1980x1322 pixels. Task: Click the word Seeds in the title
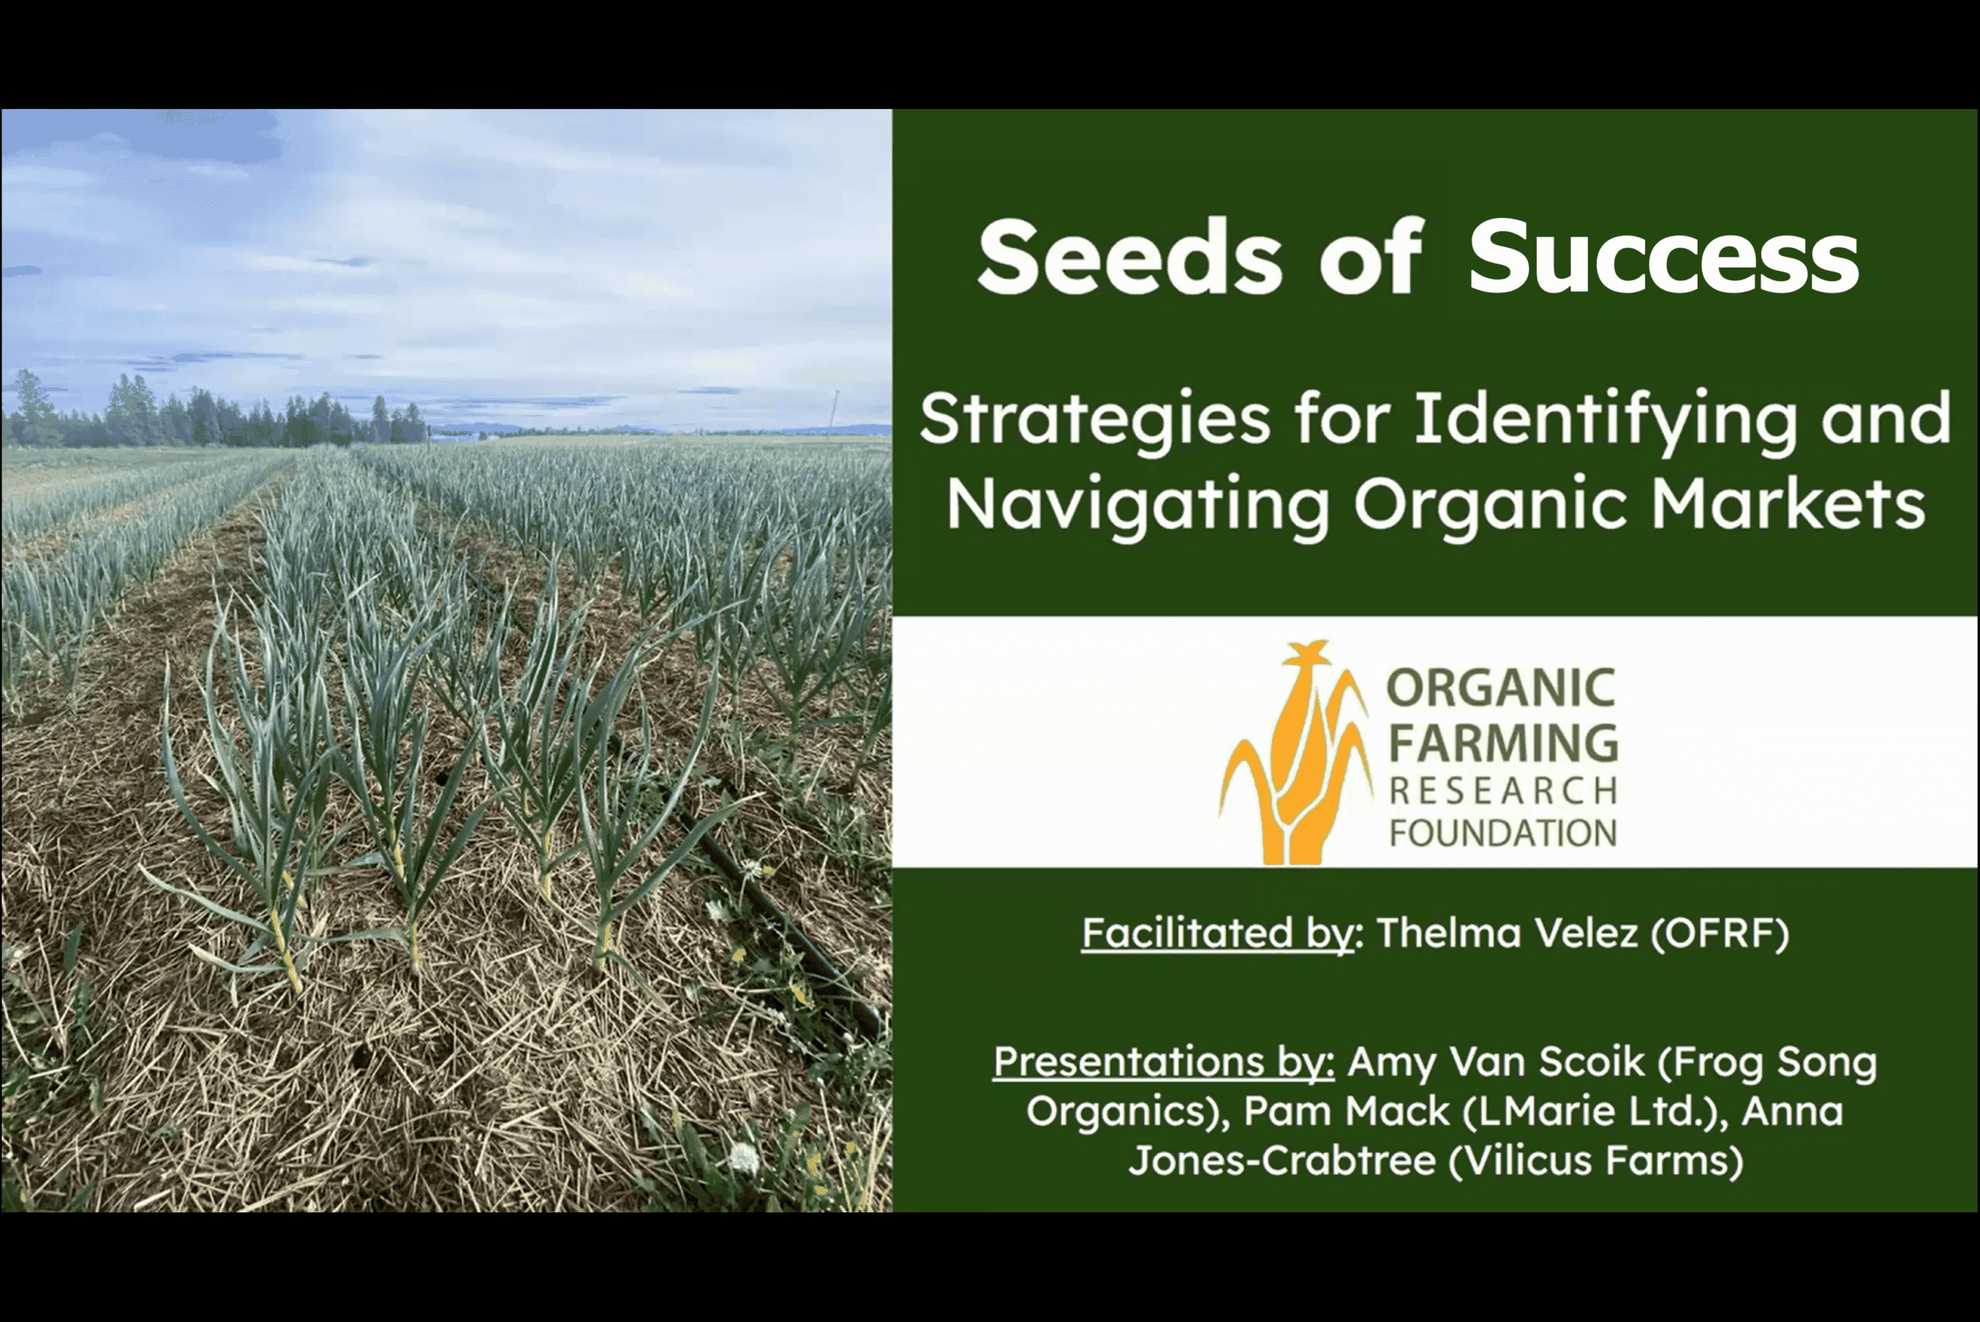tap(1129, 257)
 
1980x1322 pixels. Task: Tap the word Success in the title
tap(1663, 257)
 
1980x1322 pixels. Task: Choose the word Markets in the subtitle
tap(1787, 503)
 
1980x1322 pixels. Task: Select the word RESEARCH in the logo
tap(1503, 791)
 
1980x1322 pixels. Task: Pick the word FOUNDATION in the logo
tap(1503, 833)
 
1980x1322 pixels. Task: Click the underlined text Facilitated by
tap(1217, 933)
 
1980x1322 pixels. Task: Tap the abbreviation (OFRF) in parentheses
tap(1719, 934)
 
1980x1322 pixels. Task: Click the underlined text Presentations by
tap(1164, 1061)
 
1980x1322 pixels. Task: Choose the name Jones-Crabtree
tap(1282, 1160)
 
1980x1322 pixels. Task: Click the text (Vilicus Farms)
tap(1596, 1161)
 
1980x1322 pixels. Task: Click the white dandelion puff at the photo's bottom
tap(743, 1157)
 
